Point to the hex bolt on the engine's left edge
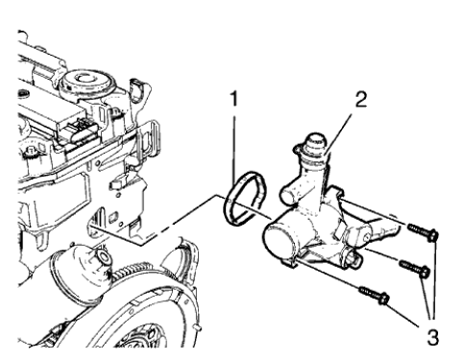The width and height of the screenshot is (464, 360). (x=35, y=153)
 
